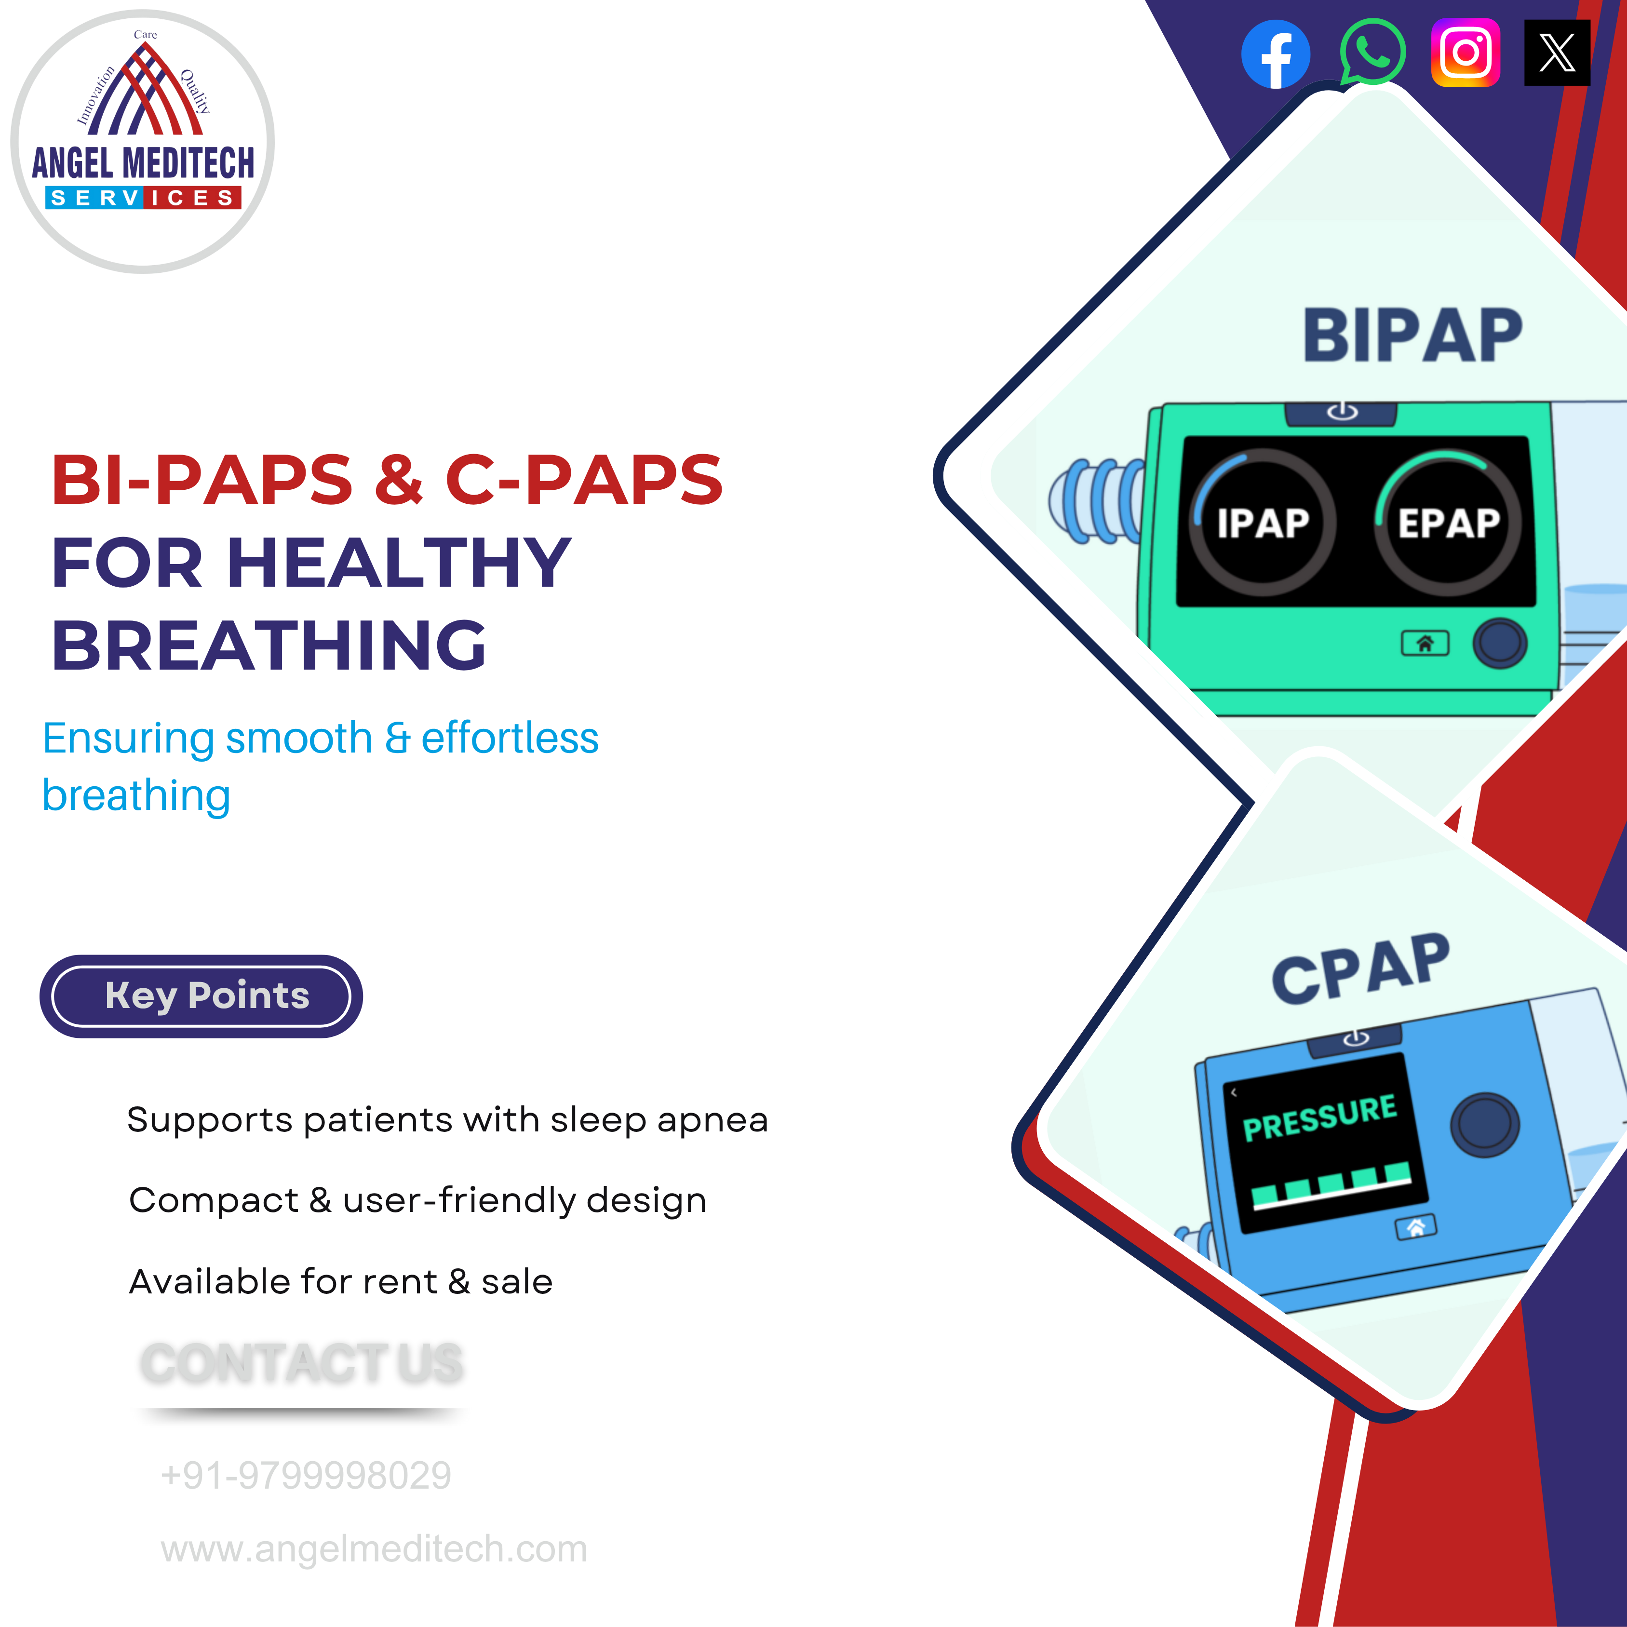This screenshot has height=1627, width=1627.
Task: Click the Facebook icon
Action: coord(1276,54)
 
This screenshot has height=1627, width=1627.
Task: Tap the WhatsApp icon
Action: coord(1372,52)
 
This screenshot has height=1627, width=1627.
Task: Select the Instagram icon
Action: coord(1466,52)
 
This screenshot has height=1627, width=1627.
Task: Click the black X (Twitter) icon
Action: coord(1557,52)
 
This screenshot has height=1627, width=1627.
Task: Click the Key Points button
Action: coord(202,996)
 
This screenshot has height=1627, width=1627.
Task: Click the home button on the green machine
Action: coord(1425,644)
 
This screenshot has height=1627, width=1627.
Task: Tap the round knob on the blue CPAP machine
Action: coord(1485,1124)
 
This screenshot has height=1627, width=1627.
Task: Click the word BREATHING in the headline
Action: coord(269,645)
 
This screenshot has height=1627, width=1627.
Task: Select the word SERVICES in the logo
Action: coord(143,198)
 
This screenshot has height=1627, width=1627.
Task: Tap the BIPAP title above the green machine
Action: coord(1412,335)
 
